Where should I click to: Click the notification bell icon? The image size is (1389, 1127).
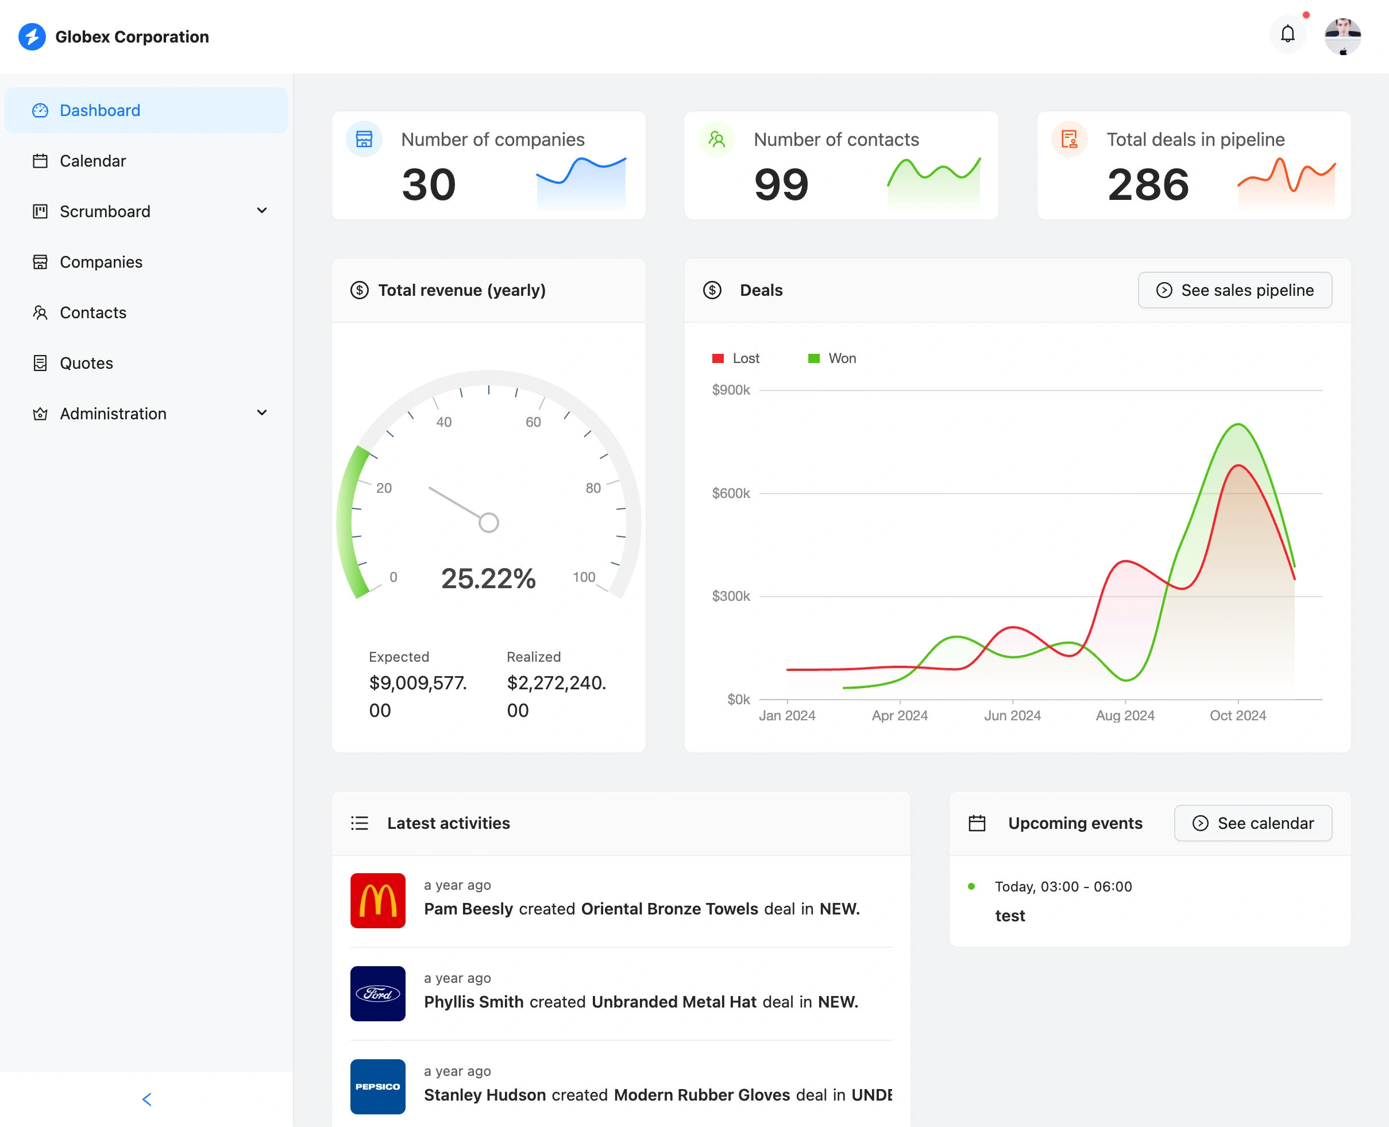[1287, 34]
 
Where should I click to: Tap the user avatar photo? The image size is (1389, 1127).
[1342, 36]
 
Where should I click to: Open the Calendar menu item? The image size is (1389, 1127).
[93, 161]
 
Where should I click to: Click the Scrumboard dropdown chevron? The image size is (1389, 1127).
[261, 211]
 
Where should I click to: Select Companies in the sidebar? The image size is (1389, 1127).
[101, 263]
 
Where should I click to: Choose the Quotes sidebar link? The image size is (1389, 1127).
[86, 364]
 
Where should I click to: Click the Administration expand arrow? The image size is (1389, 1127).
[261, 414]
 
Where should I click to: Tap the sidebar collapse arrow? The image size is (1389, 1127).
[146, 1099]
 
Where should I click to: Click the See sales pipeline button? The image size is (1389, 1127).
[1234, 290]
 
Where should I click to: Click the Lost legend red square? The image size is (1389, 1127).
[717, 359]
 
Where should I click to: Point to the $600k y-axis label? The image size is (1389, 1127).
[730, 493]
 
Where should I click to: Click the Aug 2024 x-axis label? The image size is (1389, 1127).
[1125, 715]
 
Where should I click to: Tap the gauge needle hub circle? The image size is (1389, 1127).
[489, 523]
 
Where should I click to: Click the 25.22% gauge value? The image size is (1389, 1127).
[488, 578]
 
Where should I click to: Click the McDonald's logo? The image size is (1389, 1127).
[378, 901]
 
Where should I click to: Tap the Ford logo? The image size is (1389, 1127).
[378, 993]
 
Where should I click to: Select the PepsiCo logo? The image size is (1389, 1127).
[378, 1087]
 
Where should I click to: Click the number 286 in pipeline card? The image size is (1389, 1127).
[1148, 185]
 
